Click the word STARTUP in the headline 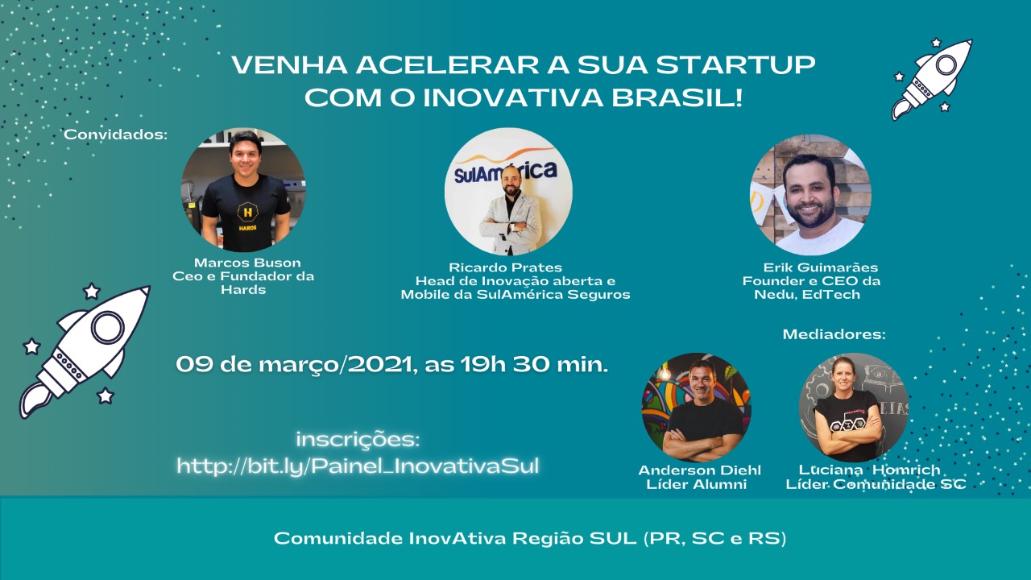pos(735,65)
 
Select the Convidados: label pos(115,135)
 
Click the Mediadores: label pos(834,333)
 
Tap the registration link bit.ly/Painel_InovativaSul pos(358,466)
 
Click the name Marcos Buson pos(247,263)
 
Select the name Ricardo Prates pos(505,267)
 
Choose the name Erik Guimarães pos(820,267)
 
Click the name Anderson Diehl pos(700,470)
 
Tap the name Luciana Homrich pos(869,470)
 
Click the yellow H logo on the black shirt pos(247,212)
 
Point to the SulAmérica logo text pos(505,172)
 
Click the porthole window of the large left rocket pos(107,327)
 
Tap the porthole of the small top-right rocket pos(946,64)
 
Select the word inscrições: pos(358,439)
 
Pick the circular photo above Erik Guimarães pos(810,195)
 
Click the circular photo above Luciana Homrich pos(854,408)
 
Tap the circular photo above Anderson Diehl pos(697,408)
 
